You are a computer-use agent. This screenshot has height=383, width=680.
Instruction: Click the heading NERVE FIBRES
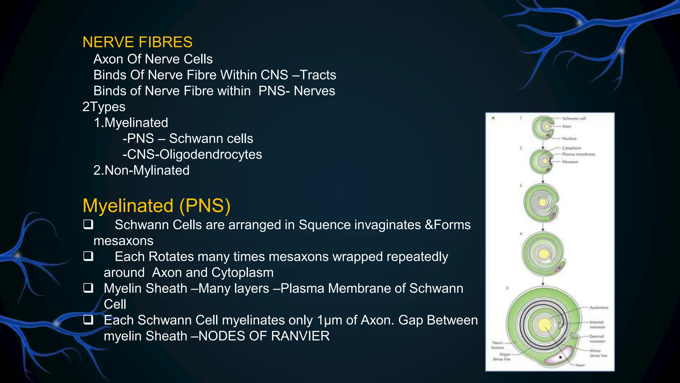coord(137,42)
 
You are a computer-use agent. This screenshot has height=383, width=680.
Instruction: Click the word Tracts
coord(318,75)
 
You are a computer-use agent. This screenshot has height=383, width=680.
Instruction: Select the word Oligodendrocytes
coord(211,154)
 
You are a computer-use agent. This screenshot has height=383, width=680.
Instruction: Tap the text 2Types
coord(104,107)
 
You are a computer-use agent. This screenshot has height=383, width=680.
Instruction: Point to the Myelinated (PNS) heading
coord(156,205)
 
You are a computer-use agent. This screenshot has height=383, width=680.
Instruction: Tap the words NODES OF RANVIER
coord(264,336)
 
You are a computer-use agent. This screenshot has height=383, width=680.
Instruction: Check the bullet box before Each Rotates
coord(88,256)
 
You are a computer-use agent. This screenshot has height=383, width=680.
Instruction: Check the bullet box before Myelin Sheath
coord(88,288)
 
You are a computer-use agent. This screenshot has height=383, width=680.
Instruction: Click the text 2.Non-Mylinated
coord(141,170)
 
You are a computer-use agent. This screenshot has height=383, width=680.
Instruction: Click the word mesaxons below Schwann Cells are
coord(124,241)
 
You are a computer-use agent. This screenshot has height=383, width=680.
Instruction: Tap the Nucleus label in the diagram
coord(569,138)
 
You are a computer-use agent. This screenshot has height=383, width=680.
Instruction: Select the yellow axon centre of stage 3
coord(543,202)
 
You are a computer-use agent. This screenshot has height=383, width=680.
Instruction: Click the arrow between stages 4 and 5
coord(543,282)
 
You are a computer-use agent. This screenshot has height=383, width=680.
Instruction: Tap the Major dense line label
coord(502,357)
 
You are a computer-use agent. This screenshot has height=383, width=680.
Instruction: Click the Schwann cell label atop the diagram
coord(574,118)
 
